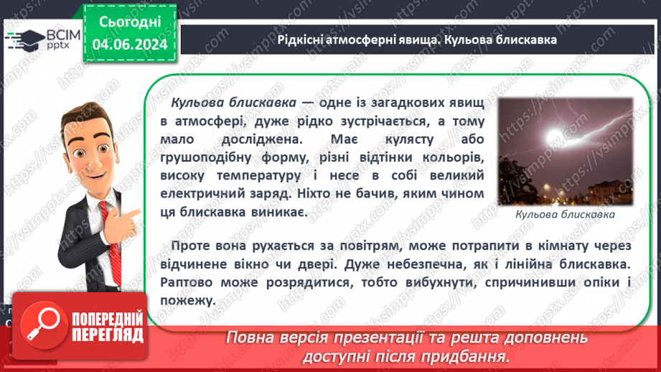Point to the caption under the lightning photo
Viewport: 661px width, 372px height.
(566, 214)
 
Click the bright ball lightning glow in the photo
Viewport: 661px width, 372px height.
(553, 136)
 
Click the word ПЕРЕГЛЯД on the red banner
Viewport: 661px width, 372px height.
(108, 334)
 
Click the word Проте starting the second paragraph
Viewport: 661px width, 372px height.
(192, 246)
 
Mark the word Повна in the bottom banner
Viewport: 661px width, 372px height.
(248, 338)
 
